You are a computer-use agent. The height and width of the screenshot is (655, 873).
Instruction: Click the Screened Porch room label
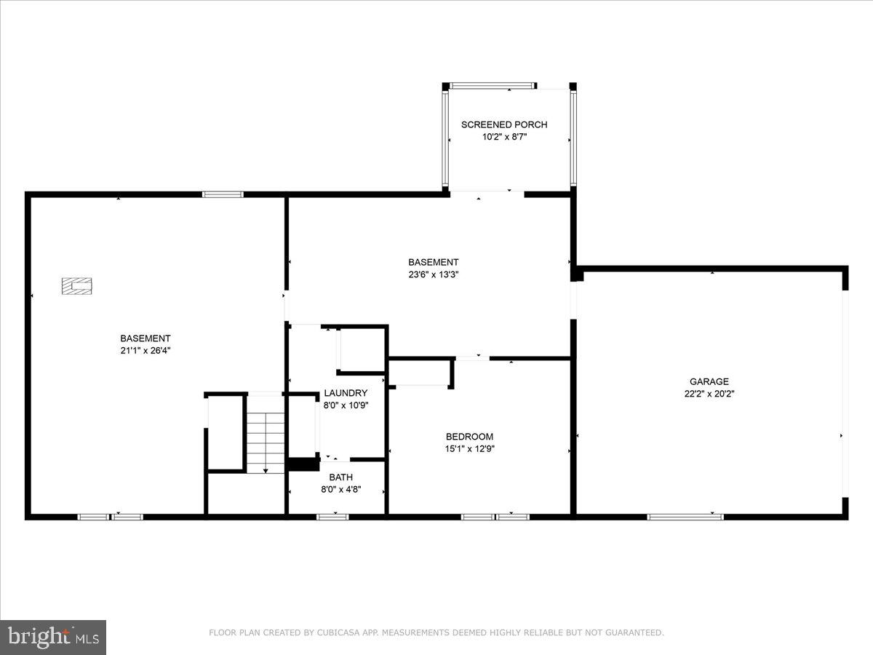pos(504,124)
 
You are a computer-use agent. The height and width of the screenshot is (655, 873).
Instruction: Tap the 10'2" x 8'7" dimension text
pos(504,136)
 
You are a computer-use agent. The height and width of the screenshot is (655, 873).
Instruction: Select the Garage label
pos(709,381)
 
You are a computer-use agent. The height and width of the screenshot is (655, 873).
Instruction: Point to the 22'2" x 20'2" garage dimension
pos(709,394)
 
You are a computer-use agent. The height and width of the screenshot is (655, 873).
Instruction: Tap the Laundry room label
pos(346,393)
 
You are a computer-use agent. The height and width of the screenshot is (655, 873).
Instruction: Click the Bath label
pos(340,477)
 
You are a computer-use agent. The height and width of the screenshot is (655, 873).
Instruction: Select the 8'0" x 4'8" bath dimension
pos(340,490)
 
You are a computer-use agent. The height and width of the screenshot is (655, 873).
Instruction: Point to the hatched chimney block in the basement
pos(77,286)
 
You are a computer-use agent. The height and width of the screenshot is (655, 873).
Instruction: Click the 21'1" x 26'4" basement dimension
pos(145,350)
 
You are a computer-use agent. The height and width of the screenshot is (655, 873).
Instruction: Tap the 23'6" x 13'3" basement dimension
pos(433,274)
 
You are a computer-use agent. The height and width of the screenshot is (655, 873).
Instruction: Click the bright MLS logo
pos(53,637)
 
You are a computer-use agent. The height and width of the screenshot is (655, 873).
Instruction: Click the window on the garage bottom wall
pos(685,517)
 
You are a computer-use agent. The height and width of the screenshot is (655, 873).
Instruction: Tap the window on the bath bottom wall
pos(332,517)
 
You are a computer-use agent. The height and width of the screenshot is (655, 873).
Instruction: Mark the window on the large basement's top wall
pos(223,194)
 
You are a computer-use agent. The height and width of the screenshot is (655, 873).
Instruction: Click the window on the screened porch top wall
pos(493,86)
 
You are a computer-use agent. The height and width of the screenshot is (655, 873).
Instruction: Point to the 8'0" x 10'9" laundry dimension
pos(346,405)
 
